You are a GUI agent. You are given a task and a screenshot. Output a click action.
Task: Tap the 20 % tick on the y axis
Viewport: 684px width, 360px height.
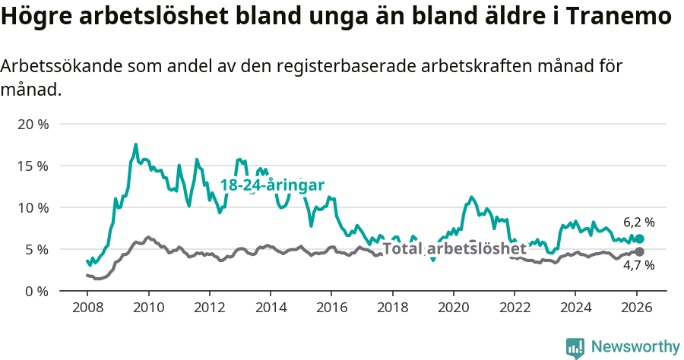[x=32, y=124]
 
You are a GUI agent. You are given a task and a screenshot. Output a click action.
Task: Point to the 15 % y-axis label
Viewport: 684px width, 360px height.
[x=32, y=166]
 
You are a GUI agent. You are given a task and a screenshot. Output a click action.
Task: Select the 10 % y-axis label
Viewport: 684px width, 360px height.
[x=32, y=207]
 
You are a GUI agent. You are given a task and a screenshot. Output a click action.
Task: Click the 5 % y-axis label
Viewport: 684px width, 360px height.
[x=36, y=249]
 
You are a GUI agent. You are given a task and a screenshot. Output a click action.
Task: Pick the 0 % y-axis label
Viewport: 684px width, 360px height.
[x=36, y=291]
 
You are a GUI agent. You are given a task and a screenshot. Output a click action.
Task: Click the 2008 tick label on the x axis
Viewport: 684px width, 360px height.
[x=87, y=308]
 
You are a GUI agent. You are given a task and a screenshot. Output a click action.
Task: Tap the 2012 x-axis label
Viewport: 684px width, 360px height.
[x=209, y=308]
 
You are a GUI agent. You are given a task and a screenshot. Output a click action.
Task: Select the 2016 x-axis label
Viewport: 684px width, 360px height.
[x=331, y=308]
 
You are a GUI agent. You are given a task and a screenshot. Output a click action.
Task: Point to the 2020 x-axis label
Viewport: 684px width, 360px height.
[x=454, y=308]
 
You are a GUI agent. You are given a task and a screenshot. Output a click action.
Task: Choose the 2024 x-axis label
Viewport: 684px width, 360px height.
[x=575, y=308]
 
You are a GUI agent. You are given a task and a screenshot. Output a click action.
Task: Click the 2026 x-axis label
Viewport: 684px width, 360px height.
[x=637, y=308]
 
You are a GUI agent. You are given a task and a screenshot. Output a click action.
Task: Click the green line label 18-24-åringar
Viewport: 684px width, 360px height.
[x=272, y=185]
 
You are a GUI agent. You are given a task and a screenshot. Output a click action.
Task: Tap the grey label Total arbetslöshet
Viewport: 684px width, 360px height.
[x=454, y=249]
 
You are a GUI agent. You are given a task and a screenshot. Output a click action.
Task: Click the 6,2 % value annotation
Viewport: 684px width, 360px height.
[x=638, y=223]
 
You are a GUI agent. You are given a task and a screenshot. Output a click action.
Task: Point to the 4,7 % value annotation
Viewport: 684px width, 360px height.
[x=638, y=265]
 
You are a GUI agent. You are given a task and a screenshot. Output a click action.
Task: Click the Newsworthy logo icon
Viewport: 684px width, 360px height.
[x=575, y=348]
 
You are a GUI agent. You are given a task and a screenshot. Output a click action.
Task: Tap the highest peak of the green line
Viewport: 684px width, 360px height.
[x=136, y=144]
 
